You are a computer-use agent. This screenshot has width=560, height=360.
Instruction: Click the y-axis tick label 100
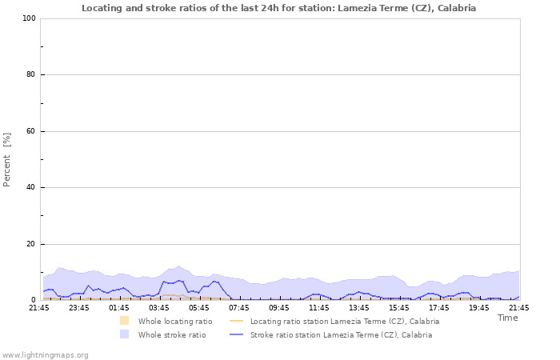[28, 18]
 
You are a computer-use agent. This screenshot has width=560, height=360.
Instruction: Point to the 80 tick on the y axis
[30, 75]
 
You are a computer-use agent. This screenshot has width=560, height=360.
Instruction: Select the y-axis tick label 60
[30, 131]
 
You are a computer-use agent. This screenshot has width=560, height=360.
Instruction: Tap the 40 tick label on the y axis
[30, 188]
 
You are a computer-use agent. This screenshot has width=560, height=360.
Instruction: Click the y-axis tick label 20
[30, 244]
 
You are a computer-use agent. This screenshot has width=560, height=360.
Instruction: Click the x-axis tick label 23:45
[79, 308]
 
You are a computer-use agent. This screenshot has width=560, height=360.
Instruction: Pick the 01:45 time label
[119, 308]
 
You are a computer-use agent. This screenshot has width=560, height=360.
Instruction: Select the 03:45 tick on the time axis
[159, 308]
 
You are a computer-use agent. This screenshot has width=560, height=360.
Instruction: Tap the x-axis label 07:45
[239, 308]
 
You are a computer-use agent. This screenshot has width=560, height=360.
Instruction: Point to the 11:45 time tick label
[319, 308]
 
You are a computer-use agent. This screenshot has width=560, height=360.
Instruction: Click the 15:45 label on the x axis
[399, 308]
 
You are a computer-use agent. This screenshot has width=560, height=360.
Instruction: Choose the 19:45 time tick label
[479, 308]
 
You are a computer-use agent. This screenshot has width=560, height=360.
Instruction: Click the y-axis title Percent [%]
[8, 159]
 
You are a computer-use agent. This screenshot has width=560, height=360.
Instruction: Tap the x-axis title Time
[507, 318]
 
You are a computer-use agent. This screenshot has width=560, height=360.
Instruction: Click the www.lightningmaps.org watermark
[45, 354]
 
